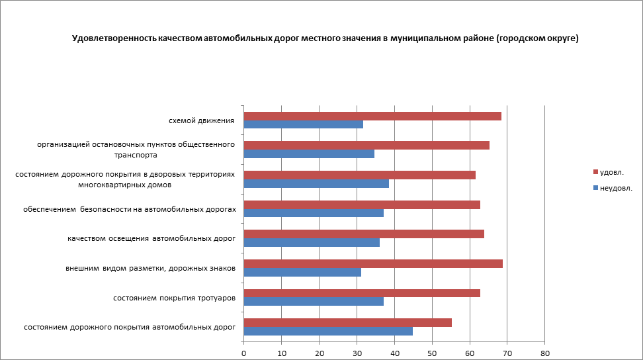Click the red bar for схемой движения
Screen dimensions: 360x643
tap(372, 116)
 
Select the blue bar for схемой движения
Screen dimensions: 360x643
tap(304, 124)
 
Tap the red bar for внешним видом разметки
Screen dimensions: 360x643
tap(373, 263)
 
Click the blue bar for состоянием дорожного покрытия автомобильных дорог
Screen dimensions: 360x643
tap(328, 332)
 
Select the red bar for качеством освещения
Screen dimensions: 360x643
tap(364, 234)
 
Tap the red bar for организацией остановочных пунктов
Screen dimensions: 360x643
tap(366, 145)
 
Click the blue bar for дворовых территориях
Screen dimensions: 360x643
tap(316, 183)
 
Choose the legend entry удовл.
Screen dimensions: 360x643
tap(611, 172)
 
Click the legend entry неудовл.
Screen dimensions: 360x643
tap(615, 188)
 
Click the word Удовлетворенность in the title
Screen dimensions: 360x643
tap(114, 38)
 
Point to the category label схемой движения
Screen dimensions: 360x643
tap(202, 120)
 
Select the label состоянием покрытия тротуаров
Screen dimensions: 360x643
tap(175, 298)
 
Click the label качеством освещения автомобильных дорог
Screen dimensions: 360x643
tap(151, 238)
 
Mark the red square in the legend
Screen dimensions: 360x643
tap(595, 172)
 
